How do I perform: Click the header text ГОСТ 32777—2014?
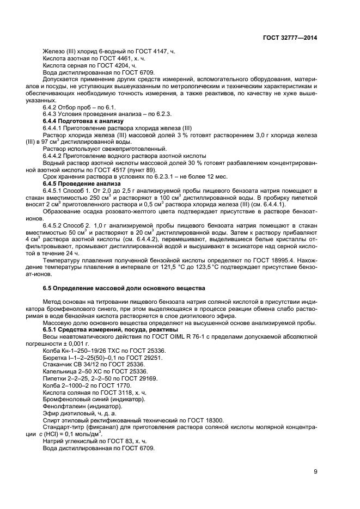[x=289, y=37]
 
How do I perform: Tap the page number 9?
[x=315, y=471]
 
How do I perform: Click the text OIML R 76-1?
[x=200, y=337]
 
